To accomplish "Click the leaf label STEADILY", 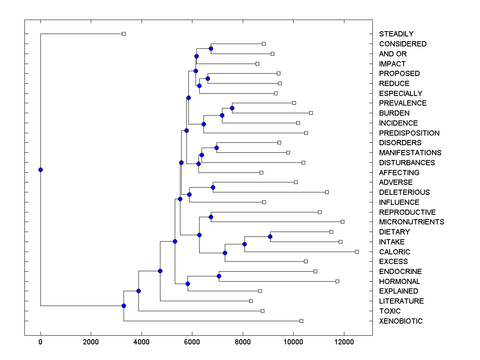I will tap(396, 34).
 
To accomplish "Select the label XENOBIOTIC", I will tap(400, 321).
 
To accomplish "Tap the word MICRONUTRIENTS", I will tap(411, 222).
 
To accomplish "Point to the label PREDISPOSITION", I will tap(409, 133).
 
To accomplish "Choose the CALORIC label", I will tap(394, 252).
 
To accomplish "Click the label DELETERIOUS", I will tap(404, 192).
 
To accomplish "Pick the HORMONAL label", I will tap(399, 282).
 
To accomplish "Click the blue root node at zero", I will tap(40, 170).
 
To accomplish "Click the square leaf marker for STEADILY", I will tap(124, 34).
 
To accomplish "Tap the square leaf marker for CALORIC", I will tap(357, 252).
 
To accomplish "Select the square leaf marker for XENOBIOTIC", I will tap(301, 321).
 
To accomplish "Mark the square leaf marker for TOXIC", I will tap(262, 311).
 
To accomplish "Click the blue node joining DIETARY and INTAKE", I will tap(270, 236).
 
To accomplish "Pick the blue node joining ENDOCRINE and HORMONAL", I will tap(219, 276).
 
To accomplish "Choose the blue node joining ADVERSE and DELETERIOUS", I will tap(213, 187).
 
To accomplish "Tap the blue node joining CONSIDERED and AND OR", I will tap(211, 48).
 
